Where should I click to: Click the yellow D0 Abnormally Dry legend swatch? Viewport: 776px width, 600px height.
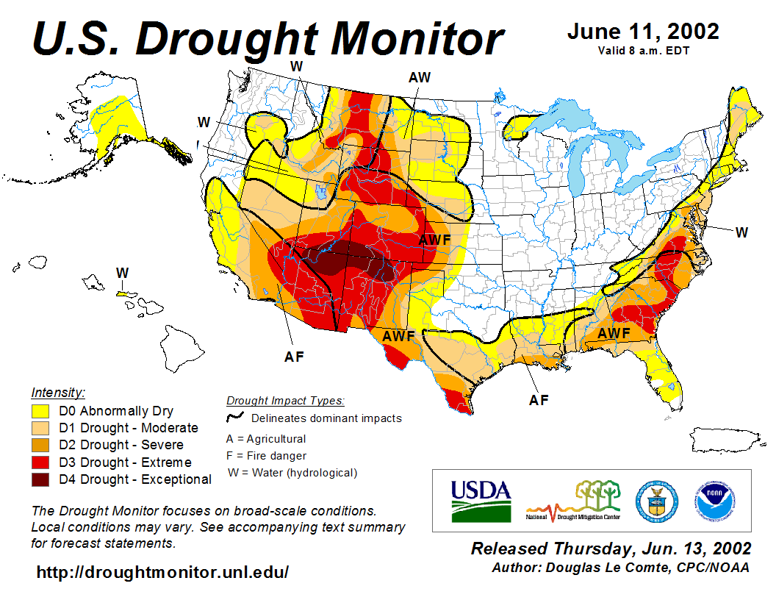point(40,411)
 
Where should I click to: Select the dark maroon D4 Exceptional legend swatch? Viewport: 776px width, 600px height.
point(40,479)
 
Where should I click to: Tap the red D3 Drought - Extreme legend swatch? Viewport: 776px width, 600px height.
point(40,463)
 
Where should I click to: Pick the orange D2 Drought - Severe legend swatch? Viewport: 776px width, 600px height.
point(40,445)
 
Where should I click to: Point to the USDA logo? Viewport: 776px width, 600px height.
point(481,500)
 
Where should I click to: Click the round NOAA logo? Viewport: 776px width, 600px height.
point(713,500)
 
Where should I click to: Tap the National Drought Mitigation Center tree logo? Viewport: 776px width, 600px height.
point(575,500)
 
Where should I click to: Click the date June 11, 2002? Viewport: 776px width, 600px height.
point(643,32)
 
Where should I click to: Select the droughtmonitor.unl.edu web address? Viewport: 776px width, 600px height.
point(162,571)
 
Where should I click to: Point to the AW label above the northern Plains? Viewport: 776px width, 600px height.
point(420,77)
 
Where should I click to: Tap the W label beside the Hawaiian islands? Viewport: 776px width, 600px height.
point(122,273)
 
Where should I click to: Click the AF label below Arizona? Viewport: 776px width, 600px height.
point(294,357)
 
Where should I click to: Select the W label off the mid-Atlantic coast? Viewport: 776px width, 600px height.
point(741,232)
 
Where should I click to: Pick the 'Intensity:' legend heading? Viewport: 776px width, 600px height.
point(58,393)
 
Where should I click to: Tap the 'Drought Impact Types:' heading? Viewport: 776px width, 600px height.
point(285,401)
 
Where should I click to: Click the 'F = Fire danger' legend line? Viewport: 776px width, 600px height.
point(266,456)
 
